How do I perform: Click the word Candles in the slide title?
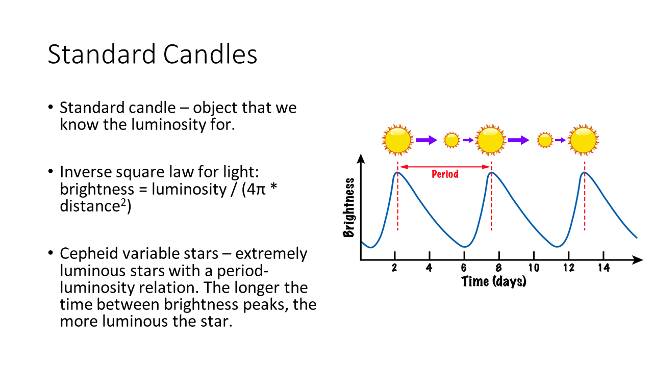pos(210,54)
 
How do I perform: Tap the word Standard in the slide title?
pos(102,54)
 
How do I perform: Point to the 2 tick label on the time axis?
pos(394,268)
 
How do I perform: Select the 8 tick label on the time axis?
pos(499,268)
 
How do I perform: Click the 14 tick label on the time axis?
pos(604,268)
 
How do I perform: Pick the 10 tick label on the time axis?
pos(534,268)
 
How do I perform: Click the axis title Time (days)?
pos(494,282)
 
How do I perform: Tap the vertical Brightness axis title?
pos(349,207)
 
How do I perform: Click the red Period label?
pos(445,174)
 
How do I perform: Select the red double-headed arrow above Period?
pos(444,167)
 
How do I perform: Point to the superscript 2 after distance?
pos(123,202)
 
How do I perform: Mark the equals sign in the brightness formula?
pos(143,190)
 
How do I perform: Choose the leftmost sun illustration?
pos(397,140)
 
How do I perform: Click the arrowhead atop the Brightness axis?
pos(361,159)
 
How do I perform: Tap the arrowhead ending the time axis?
pos(637,259)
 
